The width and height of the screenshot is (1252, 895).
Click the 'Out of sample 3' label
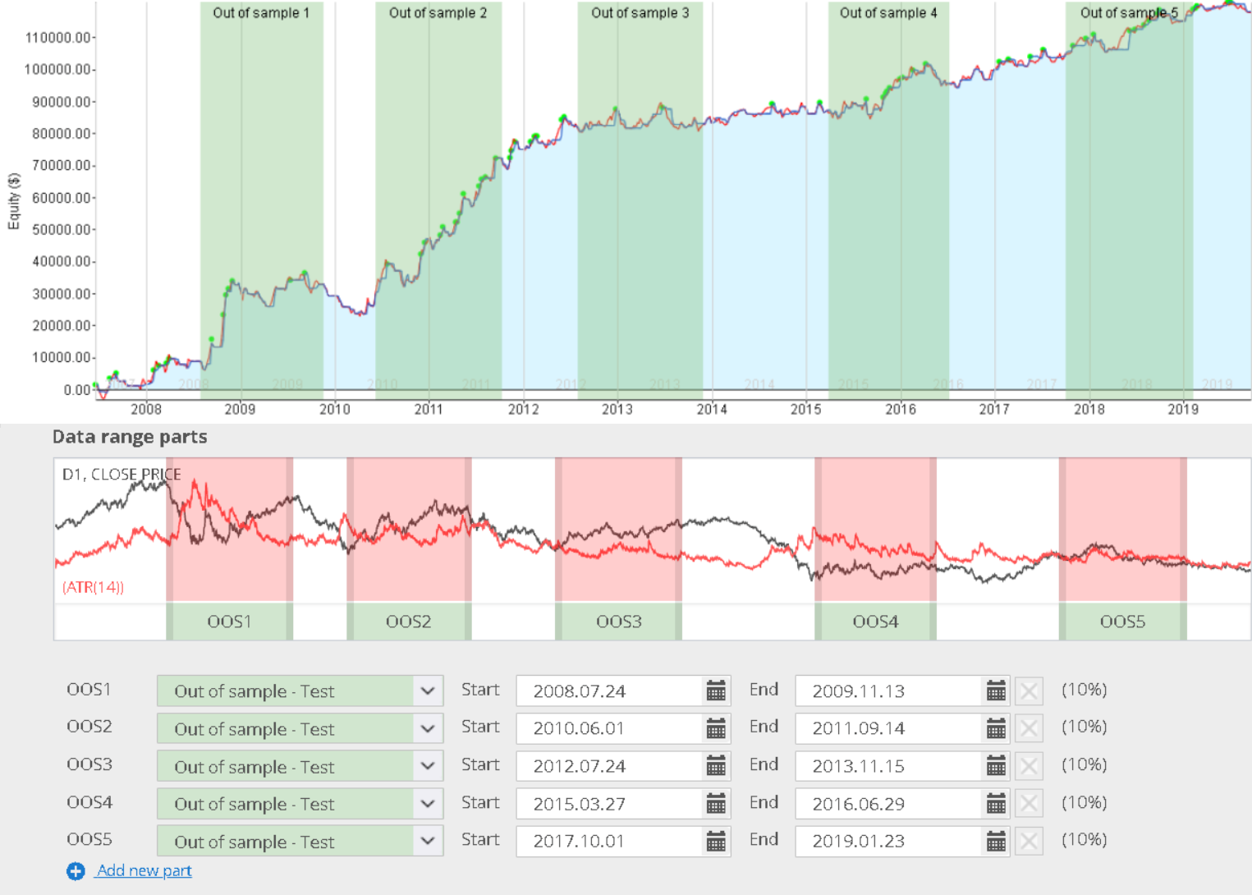click(x=640, y=13)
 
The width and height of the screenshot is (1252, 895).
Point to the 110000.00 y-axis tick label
click(x=58, y=38)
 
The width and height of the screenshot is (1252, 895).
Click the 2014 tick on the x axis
click(x=712, y=409)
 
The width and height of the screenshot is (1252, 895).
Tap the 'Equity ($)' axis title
click(x=13, y=201)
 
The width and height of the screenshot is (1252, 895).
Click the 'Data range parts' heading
click(x=130, y=437)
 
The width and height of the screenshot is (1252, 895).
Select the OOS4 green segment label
click(x=875, y=622)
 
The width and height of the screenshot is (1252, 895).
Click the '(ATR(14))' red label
click(x=93, y=587)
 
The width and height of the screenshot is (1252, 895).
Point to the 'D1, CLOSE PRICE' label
click(x=122, y=475)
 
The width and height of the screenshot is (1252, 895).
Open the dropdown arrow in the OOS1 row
click(x=428, y=691)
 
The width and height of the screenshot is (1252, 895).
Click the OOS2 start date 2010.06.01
click(x=579, y=728)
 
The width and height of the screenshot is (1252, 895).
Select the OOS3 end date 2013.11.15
click(x=858, y=766)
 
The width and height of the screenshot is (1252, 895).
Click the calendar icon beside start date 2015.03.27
click(x=716, y=804)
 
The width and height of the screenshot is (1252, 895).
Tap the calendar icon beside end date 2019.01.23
click(x=996, y=841)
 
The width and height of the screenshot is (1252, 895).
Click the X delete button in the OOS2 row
click(x=1029, y=728)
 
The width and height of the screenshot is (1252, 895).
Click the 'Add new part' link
click(x=144, y=870)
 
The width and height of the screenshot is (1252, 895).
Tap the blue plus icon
click(x=76, y=871)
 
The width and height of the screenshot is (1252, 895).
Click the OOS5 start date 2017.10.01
click(x=579, y=841)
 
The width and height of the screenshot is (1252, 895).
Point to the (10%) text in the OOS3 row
click(x=1084, y=765)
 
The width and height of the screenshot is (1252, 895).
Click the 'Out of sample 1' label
click(x=261, y=13)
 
